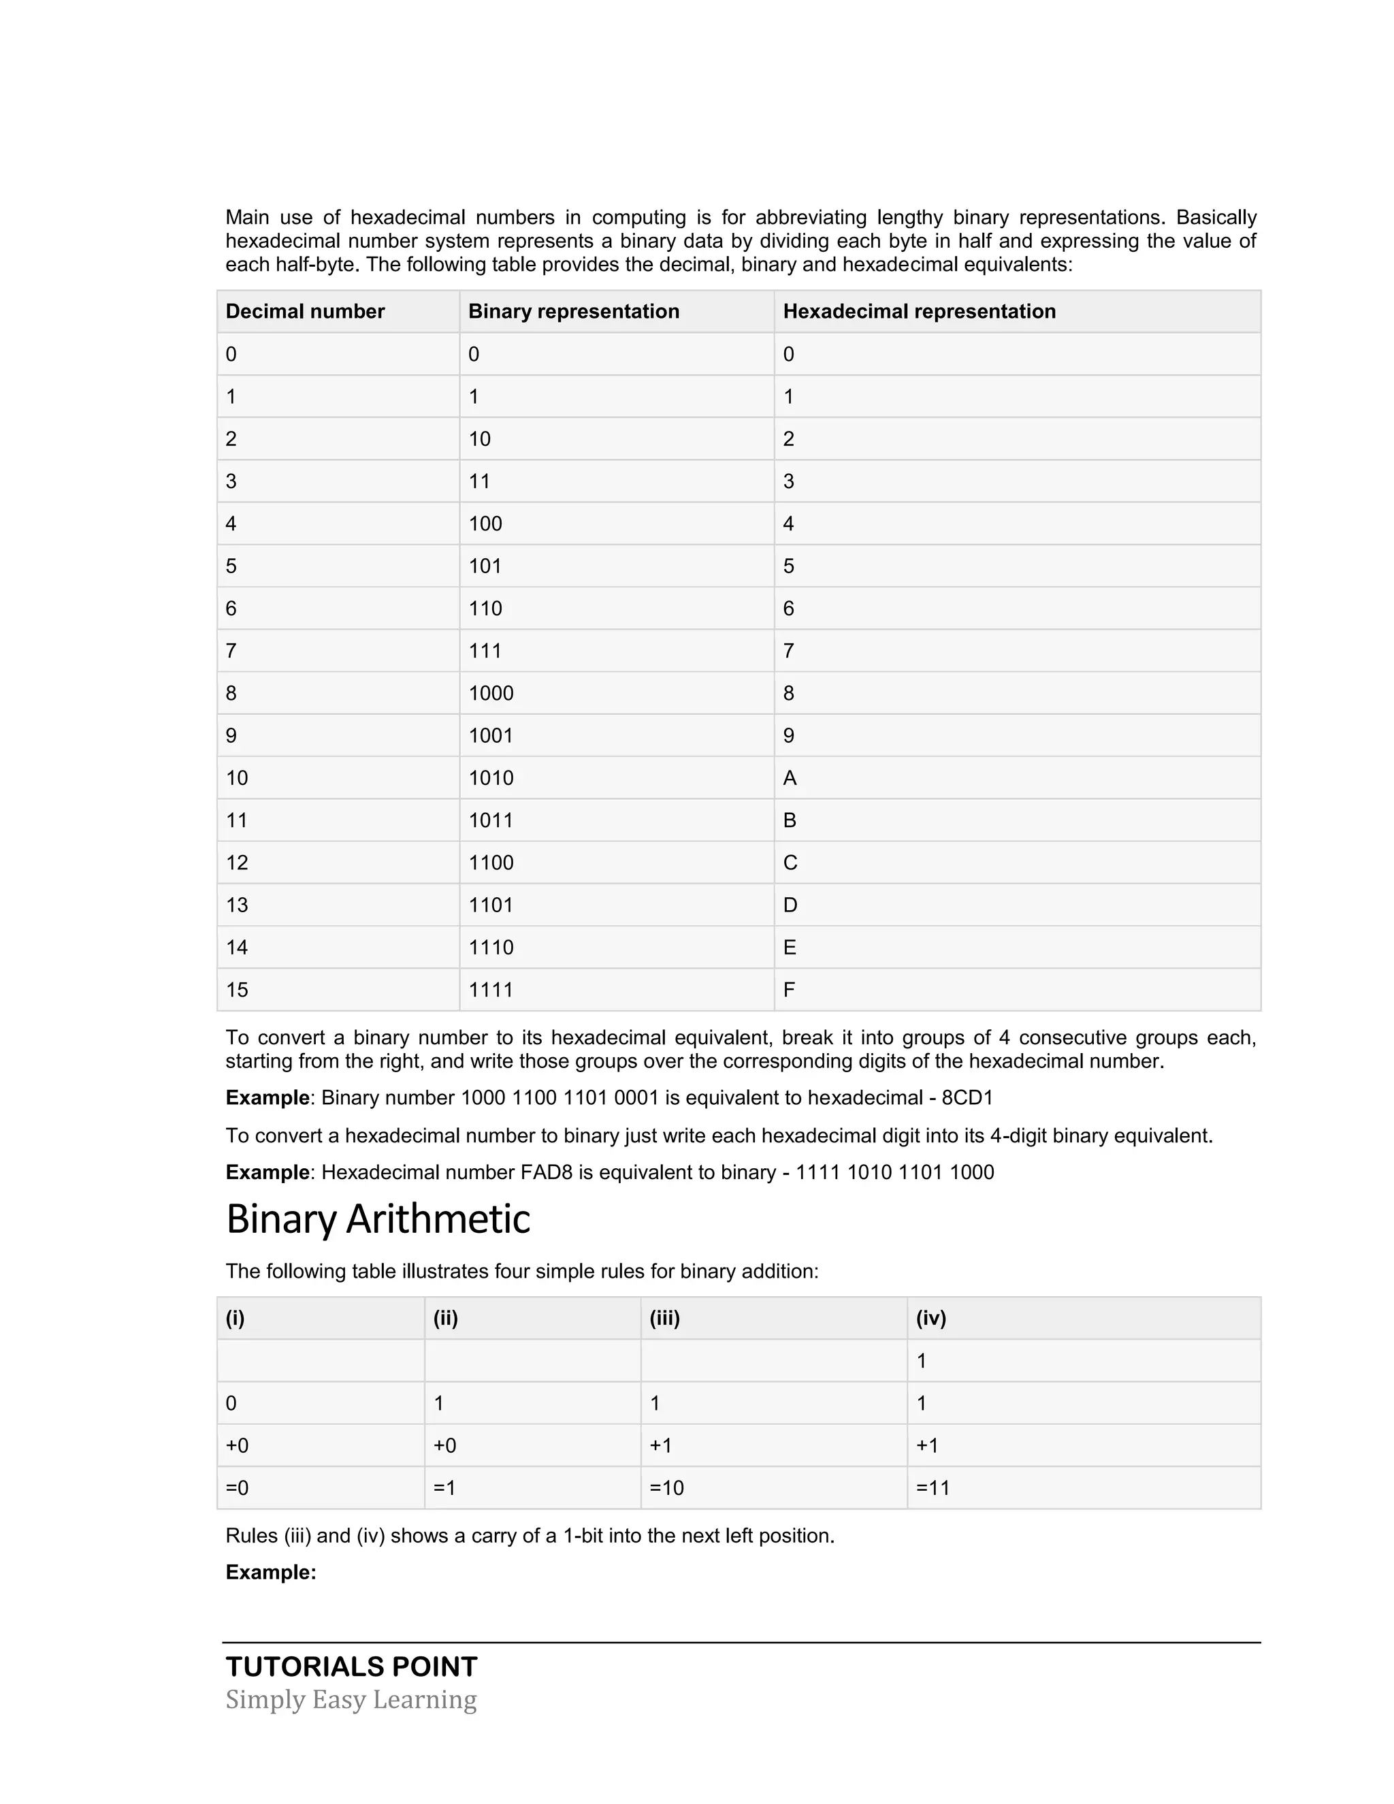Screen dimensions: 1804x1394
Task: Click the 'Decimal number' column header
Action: pos(305,311)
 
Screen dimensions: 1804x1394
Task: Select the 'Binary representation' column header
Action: pos(573,311)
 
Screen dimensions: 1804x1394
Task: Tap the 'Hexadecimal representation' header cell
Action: pos(918,311)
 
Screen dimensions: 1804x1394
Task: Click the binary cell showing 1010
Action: pos(491,778)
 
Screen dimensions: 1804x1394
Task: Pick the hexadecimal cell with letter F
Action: pos(789,990)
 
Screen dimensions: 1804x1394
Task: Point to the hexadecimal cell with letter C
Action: pos(790,863)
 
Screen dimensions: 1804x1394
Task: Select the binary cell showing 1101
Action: pos(491,905)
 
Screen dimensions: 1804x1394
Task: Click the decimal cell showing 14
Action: pos(237,948)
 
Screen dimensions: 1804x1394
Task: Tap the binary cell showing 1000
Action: pos(491,693)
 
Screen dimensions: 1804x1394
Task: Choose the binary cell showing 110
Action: pos(485,609)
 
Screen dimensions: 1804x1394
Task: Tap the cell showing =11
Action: pos(933,1487)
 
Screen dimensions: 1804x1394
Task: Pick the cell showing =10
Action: pos(666,1487)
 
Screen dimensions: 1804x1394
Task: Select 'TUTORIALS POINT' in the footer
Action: pos(351,1667)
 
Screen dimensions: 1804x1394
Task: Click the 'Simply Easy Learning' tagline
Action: pos(351,1700)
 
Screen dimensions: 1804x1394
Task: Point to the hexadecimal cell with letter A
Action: pos(790,778)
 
